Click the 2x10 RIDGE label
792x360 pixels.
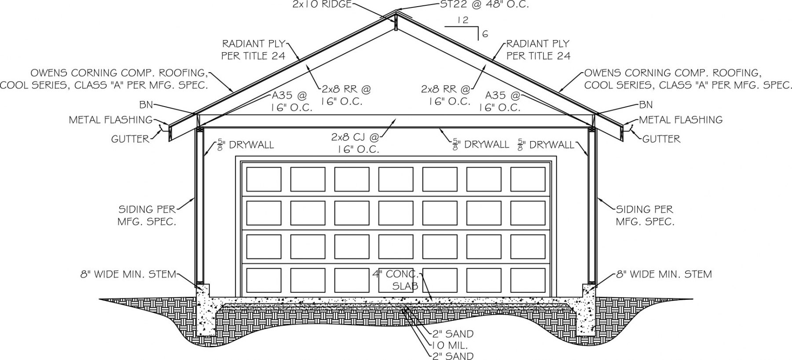pyautogui.click(x=322, y=4)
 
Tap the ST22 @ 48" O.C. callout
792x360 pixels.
pyautogui.click(x=484, y=4)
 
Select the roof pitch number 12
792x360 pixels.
pyautogui.click(x=463, y=20)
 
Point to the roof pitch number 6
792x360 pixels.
pyautogui.click(x=485, y=34)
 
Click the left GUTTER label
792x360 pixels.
pyautogui.click(x=130, y=139)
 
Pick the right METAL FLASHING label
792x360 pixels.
pyautogui.click(x=681, y=120)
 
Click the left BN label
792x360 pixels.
pyautogui.click(x=146, y=105)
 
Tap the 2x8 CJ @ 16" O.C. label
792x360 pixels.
pyautogui.click(x=355, y=143)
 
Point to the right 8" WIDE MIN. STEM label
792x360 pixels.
pyautogui.click(x=664, y=274)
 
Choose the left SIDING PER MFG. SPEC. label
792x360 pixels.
pyautogui.click(x=147, y=216)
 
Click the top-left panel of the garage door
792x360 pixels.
pyautogui.click(x=264, y=179)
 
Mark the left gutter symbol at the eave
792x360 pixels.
pyautogui.click(x=165, y=127)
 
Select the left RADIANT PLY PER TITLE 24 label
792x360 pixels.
pyautogui.click(x=253, y=50)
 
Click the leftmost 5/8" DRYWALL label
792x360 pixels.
pyautogui.click(x=246, y=145)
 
